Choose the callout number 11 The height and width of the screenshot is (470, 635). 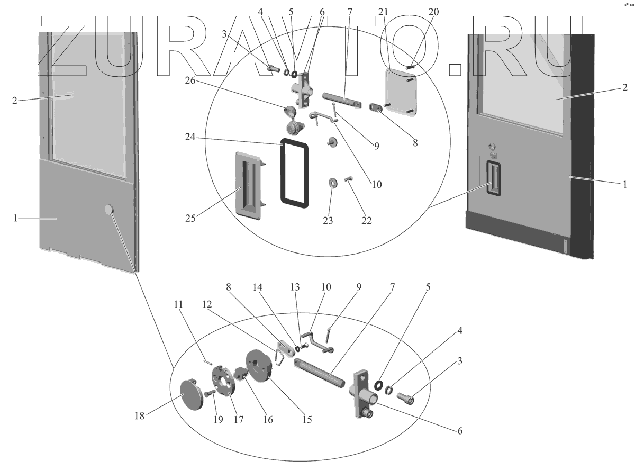coord(179,305)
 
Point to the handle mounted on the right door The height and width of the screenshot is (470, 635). coord(493,177)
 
